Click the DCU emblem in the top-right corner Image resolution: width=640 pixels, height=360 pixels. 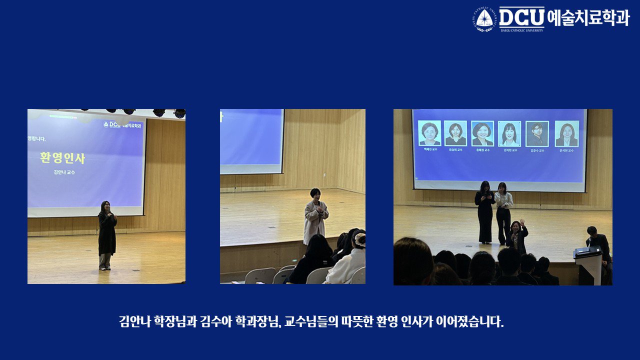coord(484,18)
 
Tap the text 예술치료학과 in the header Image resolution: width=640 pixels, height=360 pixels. coord(588,17)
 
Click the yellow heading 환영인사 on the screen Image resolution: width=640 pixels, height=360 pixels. coord(62,158)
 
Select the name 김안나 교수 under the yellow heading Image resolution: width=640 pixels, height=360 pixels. coord(64,172)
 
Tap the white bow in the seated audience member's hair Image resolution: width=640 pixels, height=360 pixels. coord(359,238)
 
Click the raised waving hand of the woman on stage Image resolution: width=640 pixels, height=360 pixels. coord(521,222)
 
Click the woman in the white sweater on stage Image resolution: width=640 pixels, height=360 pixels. coord(503,212)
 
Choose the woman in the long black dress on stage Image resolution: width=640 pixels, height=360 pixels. coord(485,212)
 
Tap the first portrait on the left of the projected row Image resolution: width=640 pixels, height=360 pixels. coord(429,133)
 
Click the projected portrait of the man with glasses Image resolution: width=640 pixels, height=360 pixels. coord(536,133)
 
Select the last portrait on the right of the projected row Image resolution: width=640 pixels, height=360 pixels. coord(566,133)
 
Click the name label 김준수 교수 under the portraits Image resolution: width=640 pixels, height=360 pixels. coord(536,150)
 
